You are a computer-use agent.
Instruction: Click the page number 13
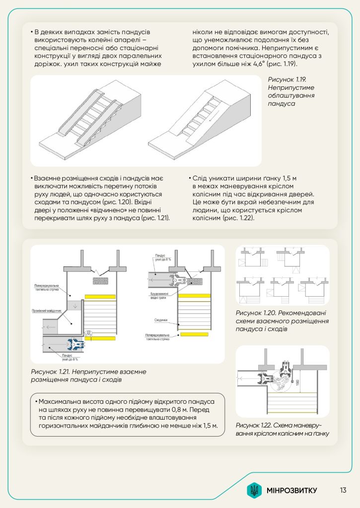point(343,491)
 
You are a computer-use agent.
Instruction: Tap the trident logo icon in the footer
point(254,491)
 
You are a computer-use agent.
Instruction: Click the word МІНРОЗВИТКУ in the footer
point(291,491)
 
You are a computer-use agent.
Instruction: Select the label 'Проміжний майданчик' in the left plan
point(48,311)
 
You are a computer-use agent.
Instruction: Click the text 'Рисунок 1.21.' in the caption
point(53,372)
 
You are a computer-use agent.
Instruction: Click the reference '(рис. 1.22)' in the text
point(238,218)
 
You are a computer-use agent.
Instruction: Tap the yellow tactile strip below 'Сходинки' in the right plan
point(194,334)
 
